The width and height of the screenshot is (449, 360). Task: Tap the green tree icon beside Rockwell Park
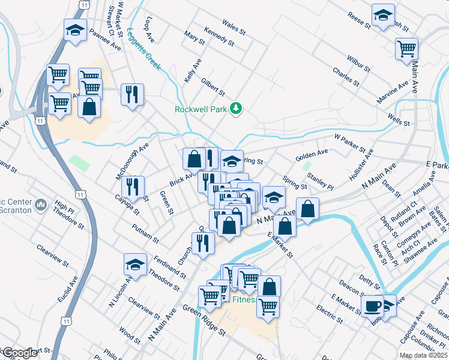click(237, 109)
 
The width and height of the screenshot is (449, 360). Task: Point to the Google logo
click(20, 353)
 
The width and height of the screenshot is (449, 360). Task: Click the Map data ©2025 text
click(424, 355)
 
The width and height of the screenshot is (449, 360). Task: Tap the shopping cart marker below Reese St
click(407, 48)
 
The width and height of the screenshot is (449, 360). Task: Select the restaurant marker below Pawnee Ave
click(132, 95)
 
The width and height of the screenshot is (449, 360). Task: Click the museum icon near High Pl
click(41, 205)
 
